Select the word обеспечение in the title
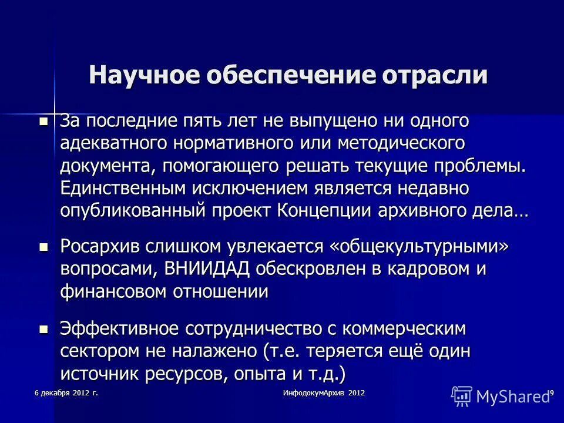(287, 76)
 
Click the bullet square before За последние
(43, 122)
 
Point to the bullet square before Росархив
(43, 247)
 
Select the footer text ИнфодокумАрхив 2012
(324, 392)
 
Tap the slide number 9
(552, 392)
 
